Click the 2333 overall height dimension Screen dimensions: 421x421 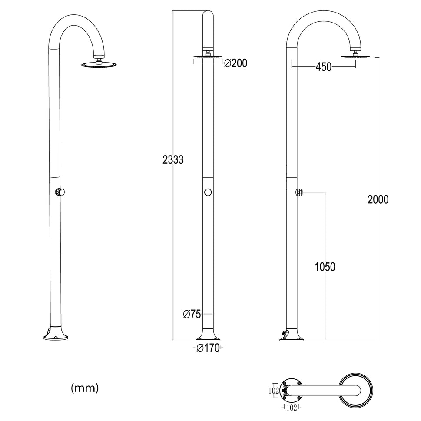173,160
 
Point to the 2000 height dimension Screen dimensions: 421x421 378,200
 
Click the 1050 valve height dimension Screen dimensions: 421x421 325,267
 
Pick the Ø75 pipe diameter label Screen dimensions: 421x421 192,314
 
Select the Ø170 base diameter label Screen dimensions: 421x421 207,348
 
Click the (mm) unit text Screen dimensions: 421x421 85,388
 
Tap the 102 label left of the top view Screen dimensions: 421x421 274,391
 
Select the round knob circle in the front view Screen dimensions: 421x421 208,192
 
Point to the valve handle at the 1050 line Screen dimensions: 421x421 299,192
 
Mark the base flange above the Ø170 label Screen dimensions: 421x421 208,335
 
